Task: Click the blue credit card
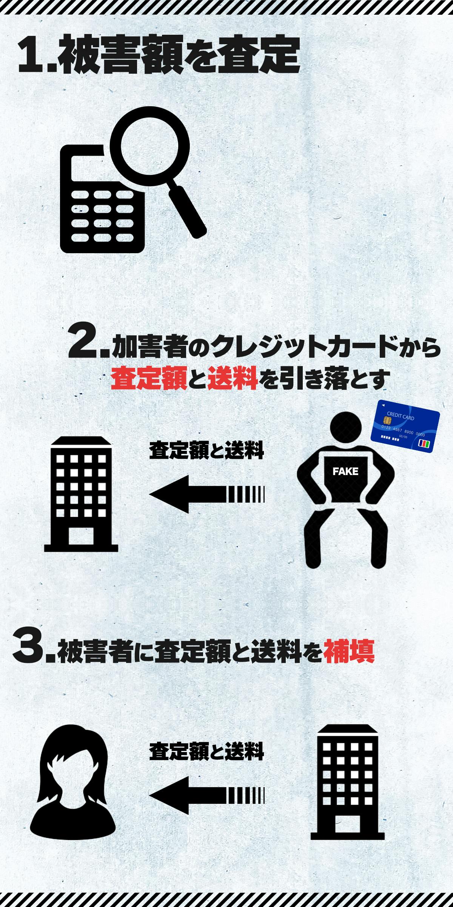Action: [405, 426]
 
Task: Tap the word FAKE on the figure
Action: [345, 472]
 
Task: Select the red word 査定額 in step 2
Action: [149, 379]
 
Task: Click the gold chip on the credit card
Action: [387, 420]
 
